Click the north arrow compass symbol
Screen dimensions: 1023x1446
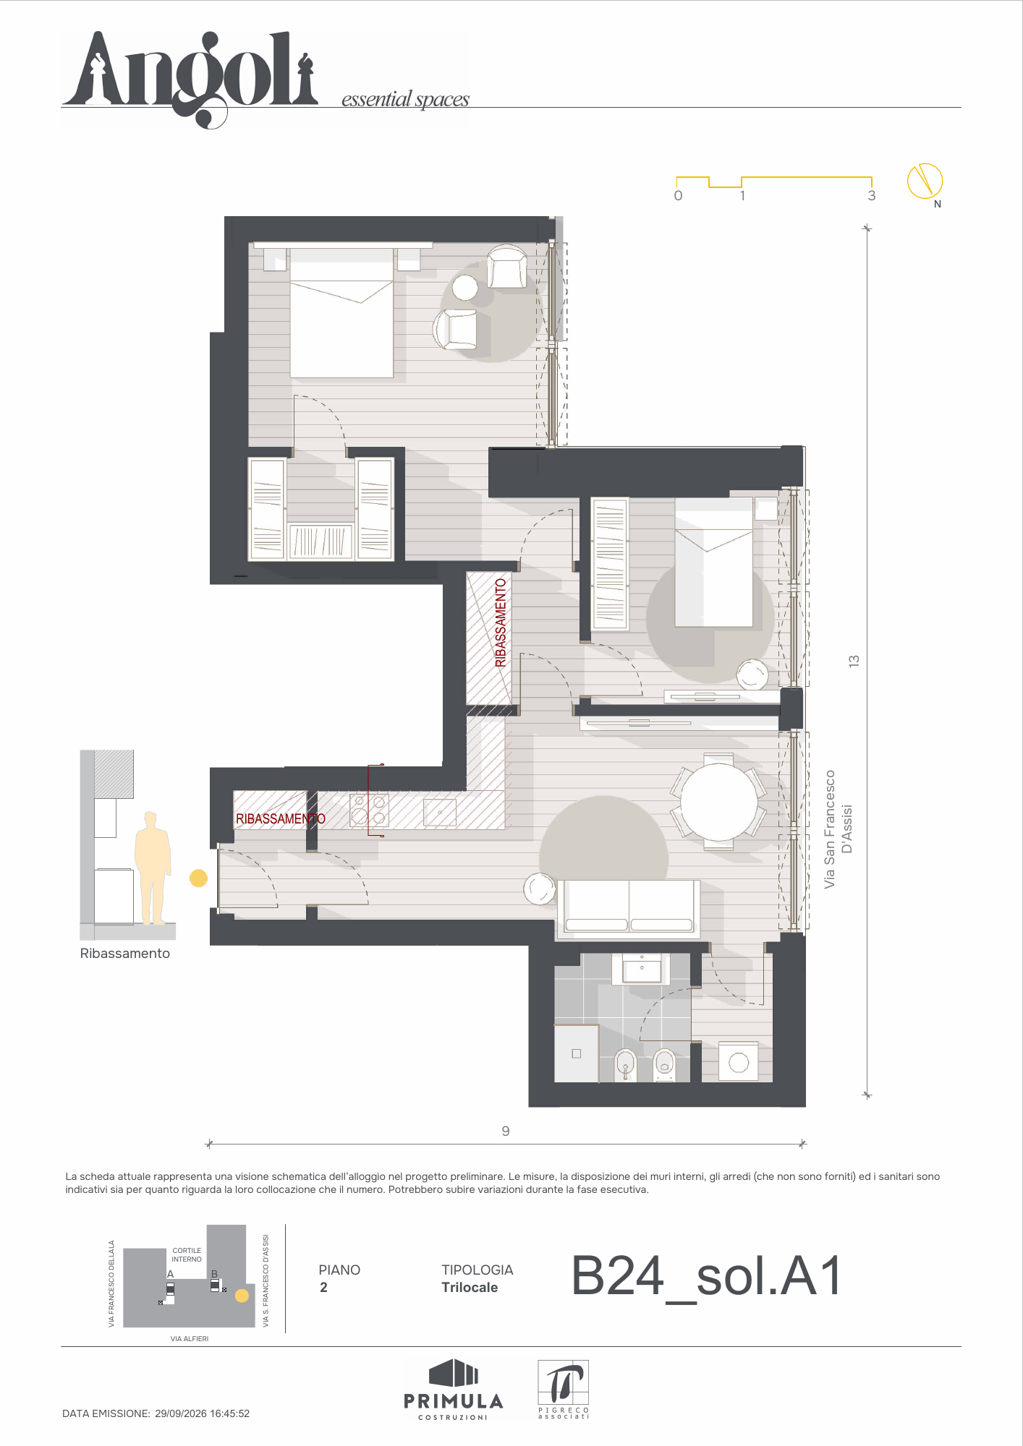tap(925, 180)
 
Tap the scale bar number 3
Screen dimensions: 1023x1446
tap(872, 195)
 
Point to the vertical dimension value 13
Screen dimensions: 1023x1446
tap(854, 661)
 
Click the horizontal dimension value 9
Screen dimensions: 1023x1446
tap(506, 1131)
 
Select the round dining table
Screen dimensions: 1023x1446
tap(718, 801)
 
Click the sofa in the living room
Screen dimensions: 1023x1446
tap(629, 907)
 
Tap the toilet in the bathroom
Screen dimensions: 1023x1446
tap(664, 1064)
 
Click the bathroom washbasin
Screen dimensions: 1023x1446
tap(642, 969)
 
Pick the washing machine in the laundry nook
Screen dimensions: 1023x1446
tap(739, 1061)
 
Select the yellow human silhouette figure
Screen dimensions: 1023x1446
tap(153, 868)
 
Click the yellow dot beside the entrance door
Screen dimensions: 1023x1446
tap(198, 878)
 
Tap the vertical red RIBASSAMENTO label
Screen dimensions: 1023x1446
tap(501, 623)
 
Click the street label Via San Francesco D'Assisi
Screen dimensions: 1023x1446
tap(838, 829)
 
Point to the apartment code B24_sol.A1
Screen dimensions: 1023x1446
tap(707, 1275)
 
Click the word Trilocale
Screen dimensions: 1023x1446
tap(470, 1287)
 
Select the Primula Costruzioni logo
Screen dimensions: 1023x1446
tap(454, 1389)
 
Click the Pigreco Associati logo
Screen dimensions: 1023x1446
tap(564, 1389)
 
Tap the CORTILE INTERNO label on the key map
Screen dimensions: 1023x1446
tap(187, 1254)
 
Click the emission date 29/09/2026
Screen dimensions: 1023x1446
tap(181, 1413)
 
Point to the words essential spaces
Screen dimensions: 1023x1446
tap(405, 99)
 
